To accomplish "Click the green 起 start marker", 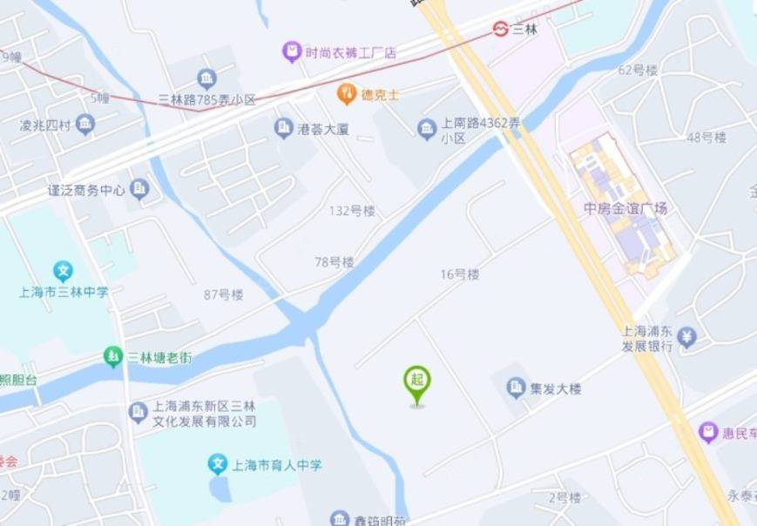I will pyautogui.click(x=417, y=381).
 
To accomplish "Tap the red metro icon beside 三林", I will pyautogui.click(x=500, y=29).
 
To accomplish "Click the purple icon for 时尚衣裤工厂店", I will pyautogui.click(x=292, y=52).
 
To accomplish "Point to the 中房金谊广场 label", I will pyautogui.click(x=625, y=209).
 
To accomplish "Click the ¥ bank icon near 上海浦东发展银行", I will pyautogui.click(x=687, y=336).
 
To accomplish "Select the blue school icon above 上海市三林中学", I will pyautogui.click(x=63, y=270).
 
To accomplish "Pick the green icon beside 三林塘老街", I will pyautogui.click(x=112, y=356).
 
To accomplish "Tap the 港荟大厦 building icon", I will pyautogui.click(x=283, y=129).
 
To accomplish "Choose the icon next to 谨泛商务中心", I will pyautogui.click(x=139, y=189).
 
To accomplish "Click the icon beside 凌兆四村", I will pyautogui.click(x=84, y=125).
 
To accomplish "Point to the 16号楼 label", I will pyautogui.click(x=460, y=274).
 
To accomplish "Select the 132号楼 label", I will pyautogui.click(x=352, y=211).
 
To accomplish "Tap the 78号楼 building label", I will pyautogui.click(x=335, y=261).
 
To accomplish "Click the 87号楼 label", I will pyautogui.click(x=224, y=294).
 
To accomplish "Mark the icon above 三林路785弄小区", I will pyautogui.click(x=206, y=80).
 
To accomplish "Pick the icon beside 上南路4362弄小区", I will pyautogui.click(x=426, y=130).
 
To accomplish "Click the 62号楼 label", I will pyautogui.click(x=637, y=70).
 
